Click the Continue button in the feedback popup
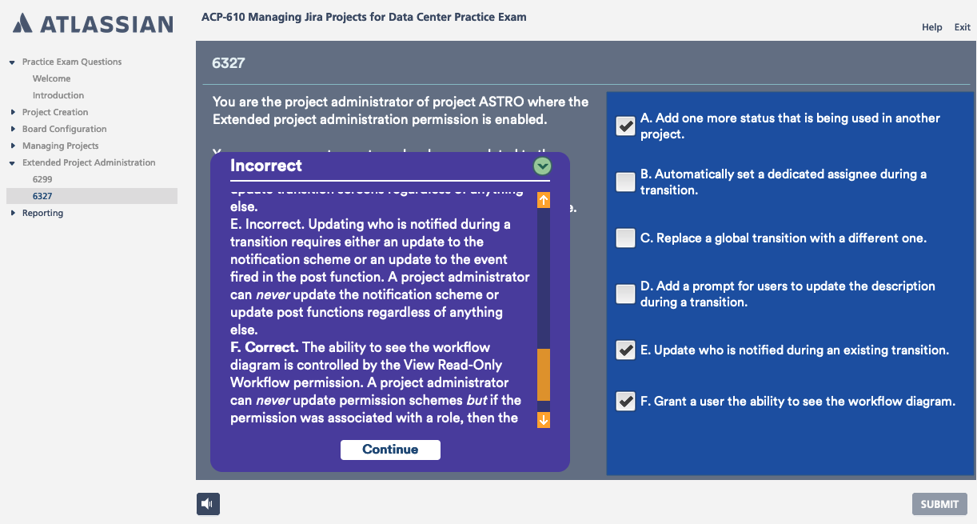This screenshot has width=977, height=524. pyautogui.click(x=390, y=450)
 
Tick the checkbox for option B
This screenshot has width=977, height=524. pyautogui.click(x=625, y=182)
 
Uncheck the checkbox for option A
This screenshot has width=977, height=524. pyautogui.click(x=625, y=126)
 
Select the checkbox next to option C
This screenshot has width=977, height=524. pyautogui.click(x=625, y=238)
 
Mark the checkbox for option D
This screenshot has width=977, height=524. pyautogui.click(x=625, y=294)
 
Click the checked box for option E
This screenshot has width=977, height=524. pyautogui.click(x=625, y=350)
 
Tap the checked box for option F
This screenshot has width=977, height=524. pyautogui.click(x=625, y=402)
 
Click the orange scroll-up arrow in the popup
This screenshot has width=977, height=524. pyautogui.click(x=544, y=200)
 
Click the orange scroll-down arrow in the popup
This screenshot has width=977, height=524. pyautogui.click(x=544, y=419)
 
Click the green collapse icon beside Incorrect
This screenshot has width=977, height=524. pyautogui.click(x=543, y=166)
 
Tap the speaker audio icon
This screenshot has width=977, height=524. pyautogui.click(x=208, y=503)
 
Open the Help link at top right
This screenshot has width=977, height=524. pyautogui.click(x=931, y=27)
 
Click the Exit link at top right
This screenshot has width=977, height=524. pyautogui.click(x=962, y=27)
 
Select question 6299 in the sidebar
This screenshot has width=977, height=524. pyautogui.click(x=42, y=179)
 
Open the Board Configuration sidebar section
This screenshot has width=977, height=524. pyautogui.click(x=64, y=129)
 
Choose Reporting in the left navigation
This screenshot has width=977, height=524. pyautogui.click(x=42, y=213)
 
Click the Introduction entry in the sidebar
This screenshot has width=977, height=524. pyautogui.click(x=58, y=95)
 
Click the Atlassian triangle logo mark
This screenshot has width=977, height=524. pyautogui.click(x=24, y=23)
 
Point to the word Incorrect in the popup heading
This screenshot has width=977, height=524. pyautogui.click(x=266, y=166)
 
